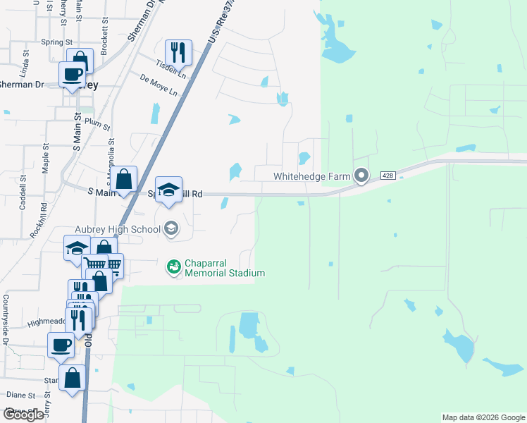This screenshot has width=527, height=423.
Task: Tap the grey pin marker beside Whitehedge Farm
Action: click(361, 175)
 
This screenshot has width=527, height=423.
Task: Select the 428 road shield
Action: click(388, 174)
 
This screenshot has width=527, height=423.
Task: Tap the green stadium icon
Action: click(172, 266)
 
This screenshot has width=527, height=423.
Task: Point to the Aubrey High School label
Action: click(118, 228)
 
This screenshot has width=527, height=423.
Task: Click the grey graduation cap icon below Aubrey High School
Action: click(170, 228)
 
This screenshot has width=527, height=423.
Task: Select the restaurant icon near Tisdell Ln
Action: click(178, 51)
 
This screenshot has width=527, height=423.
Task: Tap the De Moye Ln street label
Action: click(159, 86)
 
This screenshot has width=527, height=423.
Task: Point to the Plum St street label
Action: click(97, 123)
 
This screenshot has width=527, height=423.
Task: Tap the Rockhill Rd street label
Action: click(43, 219)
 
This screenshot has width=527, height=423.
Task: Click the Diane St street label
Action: click(21, 396)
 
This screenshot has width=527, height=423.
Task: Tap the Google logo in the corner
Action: click(23, 415)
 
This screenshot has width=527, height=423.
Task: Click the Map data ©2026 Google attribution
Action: click(483, 417)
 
